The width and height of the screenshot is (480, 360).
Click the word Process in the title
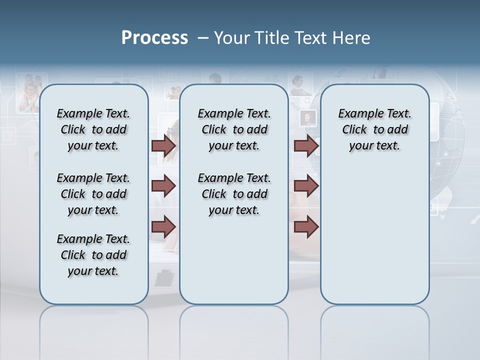[154, 38]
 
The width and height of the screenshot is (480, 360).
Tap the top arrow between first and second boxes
[163, 145]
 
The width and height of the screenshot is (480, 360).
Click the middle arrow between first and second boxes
[163, 186]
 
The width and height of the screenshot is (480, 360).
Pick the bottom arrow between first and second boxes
[163, 227]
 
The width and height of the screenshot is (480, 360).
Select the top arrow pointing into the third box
[306, 145]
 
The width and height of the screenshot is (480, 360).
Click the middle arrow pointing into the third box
[306, 186]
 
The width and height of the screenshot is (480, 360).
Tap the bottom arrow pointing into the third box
[306, 227]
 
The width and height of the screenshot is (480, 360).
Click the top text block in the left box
[93, 129]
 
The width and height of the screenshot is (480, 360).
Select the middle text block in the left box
[93, 194]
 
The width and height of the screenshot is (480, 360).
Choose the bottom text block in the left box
[93, 255]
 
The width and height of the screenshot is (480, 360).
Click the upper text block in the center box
[234, 129]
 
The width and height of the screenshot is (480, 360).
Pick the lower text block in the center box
[234, 194]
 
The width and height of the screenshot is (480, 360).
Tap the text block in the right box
[374, 129]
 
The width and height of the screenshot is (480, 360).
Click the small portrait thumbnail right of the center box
[307, 118]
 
